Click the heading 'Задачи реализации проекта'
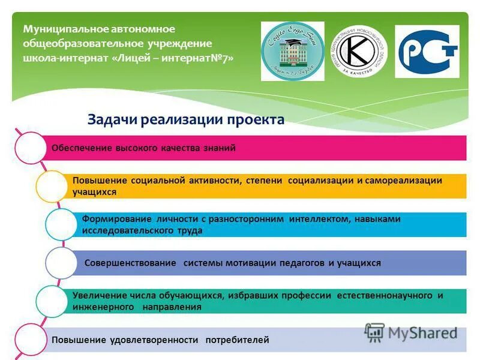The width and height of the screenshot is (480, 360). pos(186,119)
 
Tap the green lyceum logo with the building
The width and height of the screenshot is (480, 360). pos(292,51)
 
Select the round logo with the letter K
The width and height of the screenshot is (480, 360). pos(360,51)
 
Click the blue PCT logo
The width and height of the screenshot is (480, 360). pos(427,51)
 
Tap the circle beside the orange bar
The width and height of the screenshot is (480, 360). pos(51,186)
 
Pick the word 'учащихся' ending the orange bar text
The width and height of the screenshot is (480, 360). pos(94,192)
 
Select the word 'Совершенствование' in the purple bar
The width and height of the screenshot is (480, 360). pos(130,263)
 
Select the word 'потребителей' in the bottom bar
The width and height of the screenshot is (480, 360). pos(237,340)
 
